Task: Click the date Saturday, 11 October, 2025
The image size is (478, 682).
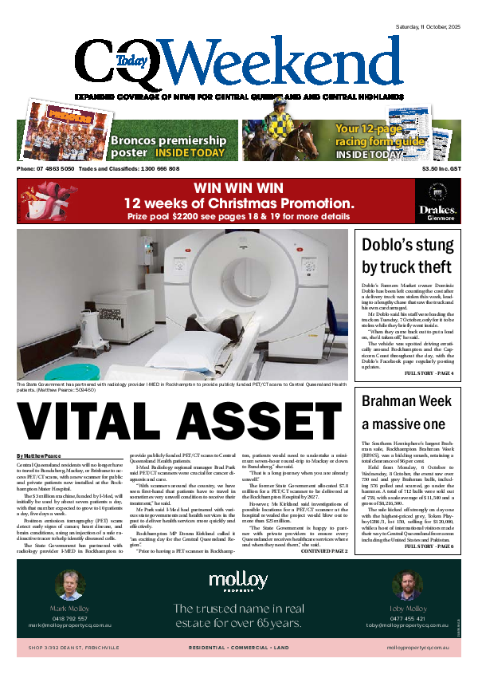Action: pyautogui.click(x=428, y=28)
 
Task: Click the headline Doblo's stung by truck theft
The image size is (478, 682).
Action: pyautogui.click(x=408, y=255)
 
